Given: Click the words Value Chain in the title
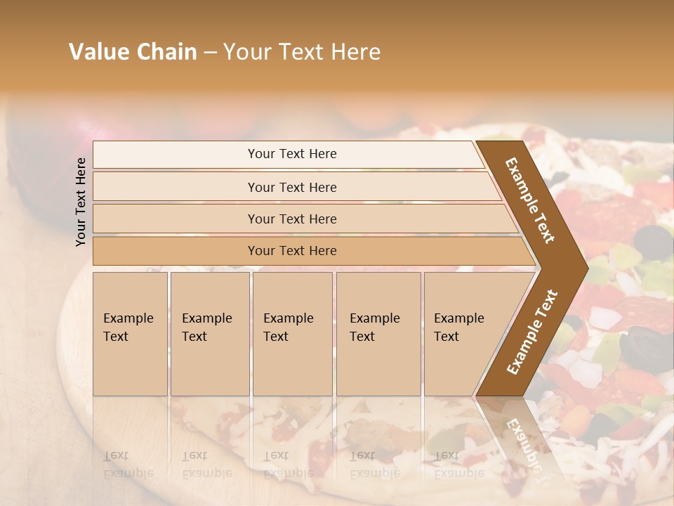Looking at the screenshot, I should click(133, 52).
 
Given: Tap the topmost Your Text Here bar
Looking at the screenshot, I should click(291, 154).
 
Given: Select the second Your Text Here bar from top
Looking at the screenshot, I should click(291, 187).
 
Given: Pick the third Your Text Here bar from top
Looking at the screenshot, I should click(291, 219).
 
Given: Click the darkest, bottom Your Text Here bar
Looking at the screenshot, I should click(291, 251).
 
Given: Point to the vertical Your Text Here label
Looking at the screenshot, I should click(81, 202).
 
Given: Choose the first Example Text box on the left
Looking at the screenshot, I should click(130, 333).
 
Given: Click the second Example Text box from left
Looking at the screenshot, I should click(209, 333).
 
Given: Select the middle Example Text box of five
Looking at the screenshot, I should click(292, 333).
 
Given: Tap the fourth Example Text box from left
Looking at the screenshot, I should click(378, 333).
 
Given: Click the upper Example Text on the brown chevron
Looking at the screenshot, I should click(531, 200).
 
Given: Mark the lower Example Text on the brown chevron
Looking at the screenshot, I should click(532, 332).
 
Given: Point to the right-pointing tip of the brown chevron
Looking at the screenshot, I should click(584, 267).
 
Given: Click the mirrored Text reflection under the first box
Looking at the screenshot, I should click(117, 455).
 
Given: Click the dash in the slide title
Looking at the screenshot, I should click(210, 53).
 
